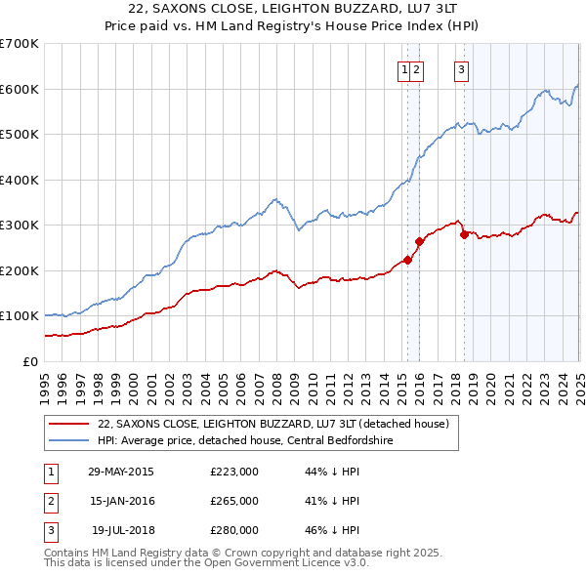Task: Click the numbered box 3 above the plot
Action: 460,68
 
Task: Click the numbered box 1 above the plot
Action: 403,68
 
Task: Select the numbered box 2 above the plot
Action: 416,68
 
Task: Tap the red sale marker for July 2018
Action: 464,234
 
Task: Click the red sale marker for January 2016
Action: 419,240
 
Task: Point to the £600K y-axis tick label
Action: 20,89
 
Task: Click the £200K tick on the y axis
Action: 20,270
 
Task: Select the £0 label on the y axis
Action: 28,361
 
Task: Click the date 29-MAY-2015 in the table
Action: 121,472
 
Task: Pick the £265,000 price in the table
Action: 234,501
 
